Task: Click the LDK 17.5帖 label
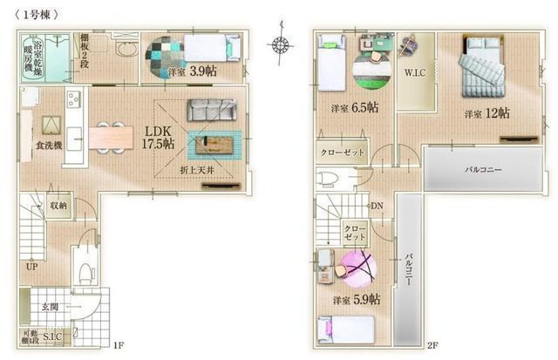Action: [159, 136]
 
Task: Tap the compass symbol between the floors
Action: [280, 43]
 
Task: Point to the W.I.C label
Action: [414, 73]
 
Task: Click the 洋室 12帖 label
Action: [487, 113]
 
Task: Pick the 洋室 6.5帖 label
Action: [354, 108]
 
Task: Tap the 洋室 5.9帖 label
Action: [355, 299]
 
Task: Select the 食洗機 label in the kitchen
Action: [49, 146]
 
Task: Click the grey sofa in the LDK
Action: [211, 110]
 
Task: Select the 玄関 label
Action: [50, 307]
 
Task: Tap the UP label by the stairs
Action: [31, 266]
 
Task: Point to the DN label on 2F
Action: [377, 207]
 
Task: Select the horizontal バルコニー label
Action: [481, 170]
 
